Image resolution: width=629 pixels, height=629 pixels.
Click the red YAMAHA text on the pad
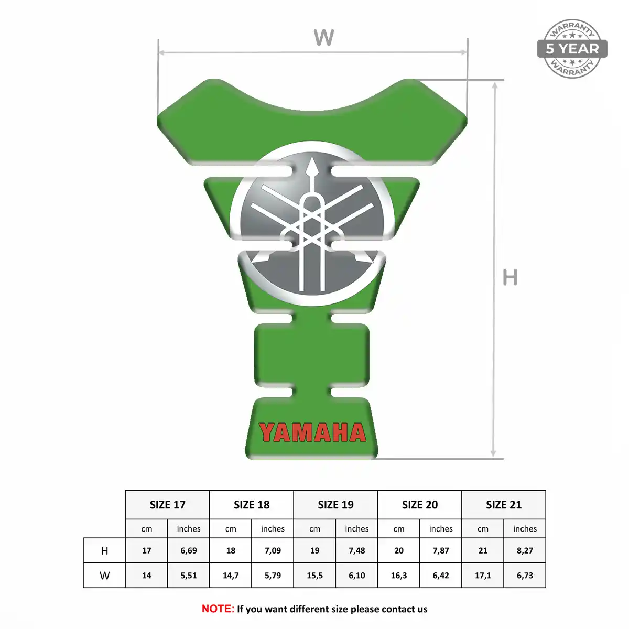click(312, 432)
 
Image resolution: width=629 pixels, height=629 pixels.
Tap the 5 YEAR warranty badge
click(572, 49)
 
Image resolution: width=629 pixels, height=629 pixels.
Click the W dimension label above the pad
click(324, 37)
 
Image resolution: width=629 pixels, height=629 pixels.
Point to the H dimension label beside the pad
click(510, 277)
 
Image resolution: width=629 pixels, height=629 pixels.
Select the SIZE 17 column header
click(167, 505)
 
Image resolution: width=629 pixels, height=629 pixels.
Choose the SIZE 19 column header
click(335, 505)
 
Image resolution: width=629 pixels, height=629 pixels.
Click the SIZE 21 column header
click(504, 505)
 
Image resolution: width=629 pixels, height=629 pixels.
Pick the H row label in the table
click(104, 551)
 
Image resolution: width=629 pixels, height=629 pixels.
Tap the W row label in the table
click(104, 575)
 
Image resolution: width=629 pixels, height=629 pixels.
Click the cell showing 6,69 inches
click(189, 551)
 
